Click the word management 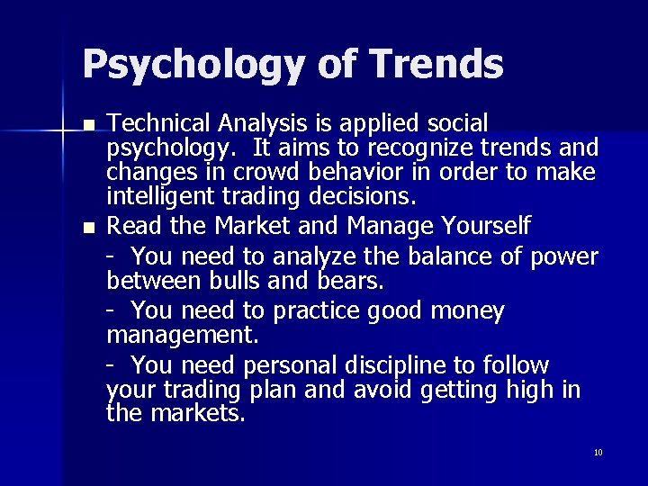point(182,336)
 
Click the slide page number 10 point(598,453)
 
